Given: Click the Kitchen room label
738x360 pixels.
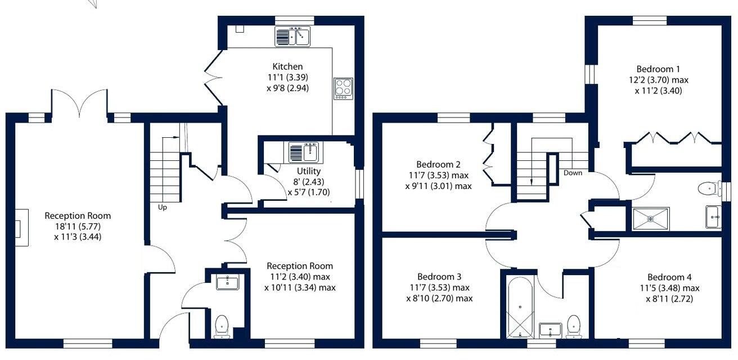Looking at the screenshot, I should coord(287,66).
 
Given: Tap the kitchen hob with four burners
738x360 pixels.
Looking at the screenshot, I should coord(343,88).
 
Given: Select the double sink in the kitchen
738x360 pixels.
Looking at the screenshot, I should coord(292,37).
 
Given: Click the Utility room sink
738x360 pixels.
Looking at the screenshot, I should coord(304,152).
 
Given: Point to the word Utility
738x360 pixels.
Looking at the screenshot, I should coord(309,171).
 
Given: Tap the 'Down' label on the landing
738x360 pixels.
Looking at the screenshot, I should coord(573,173).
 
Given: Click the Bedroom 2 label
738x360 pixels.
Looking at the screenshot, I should coord(439,165).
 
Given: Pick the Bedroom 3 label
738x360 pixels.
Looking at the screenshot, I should coord(439,277).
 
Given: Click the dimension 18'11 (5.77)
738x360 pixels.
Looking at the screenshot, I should coord(78,226).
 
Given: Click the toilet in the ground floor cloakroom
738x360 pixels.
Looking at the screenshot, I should coord(222,325).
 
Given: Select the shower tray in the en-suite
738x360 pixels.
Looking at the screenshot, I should coord(651,219).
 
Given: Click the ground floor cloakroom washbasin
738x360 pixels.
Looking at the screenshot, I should coord(227,282).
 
